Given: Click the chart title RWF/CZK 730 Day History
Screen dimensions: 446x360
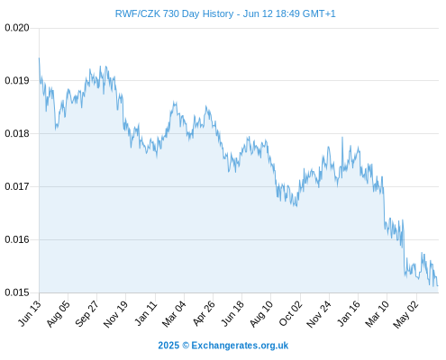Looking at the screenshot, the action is click(174, 13).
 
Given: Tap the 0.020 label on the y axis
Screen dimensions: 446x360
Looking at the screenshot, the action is click(17, 28).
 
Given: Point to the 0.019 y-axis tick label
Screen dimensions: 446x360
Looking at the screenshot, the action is click(17, 81).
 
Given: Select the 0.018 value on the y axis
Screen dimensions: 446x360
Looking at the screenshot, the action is click(17, 133).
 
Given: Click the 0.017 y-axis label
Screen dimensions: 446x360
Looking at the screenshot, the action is click(17, 186).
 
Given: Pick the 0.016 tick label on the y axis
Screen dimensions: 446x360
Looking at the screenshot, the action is click(17, 239).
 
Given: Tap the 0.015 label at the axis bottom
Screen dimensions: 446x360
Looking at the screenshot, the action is click(17, 292).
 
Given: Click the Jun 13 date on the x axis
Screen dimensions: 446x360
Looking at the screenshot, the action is click(30, 313).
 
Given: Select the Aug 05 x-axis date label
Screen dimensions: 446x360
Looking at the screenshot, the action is click(59, 313).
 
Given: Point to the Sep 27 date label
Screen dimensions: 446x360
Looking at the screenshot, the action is click(86, 313).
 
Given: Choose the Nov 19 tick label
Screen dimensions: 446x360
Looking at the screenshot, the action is click(115, 313).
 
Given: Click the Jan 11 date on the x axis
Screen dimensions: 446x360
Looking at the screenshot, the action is click(146, 313).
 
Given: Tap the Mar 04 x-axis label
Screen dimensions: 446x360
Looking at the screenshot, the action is click(174, 313).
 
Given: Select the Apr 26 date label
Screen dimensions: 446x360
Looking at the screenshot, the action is click(204, 313).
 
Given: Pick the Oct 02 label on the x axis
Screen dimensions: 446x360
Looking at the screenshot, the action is click(290, 313).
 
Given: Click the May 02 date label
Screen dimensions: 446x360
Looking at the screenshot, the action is click(405, 313).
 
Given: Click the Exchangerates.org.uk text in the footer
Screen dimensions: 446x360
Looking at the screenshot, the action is click(240, 346).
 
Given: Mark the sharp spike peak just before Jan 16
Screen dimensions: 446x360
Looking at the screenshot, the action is click(342, 138).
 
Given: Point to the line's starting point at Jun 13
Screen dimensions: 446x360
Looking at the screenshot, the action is click(39, 58).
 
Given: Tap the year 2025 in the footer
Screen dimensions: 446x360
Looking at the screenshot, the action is click(168, 346).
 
